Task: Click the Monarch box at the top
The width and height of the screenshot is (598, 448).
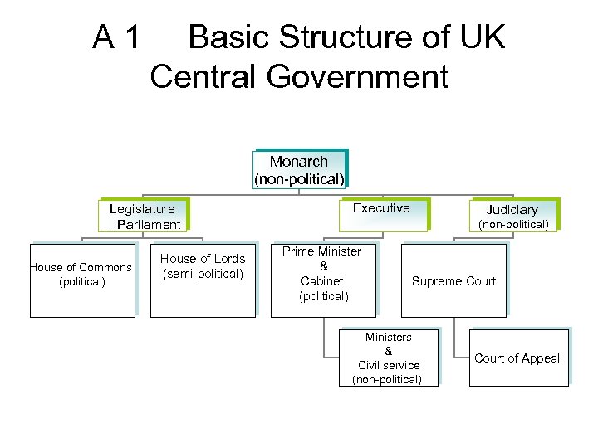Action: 299,169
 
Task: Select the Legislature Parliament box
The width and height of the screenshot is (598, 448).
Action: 142,216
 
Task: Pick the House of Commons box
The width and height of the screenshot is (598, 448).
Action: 82,280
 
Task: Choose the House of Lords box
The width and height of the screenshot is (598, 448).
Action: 203,280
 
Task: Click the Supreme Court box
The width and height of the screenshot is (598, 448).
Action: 453,280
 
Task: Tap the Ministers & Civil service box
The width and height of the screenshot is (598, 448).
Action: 388,358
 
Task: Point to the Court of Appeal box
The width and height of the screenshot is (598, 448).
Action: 517,358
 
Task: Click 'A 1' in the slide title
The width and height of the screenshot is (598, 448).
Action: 117,38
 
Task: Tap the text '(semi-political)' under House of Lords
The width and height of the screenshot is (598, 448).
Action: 203,274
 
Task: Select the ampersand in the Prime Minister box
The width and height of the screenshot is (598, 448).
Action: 323,266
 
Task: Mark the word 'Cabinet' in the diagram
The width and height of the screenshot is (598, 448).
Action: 322,281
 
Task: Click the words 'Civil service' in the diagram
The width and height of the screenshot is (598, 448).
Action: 389,365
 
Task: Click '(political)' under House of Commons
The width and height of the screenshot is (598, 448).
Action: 82,282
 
